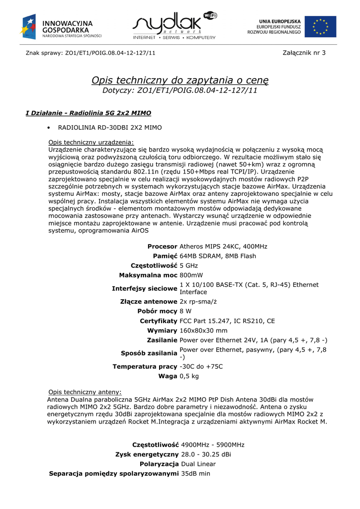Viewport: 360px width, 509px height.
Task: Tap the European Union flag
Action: pos(320,26)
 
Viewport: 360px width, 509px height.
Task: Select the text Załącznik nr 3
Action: pos(304,53)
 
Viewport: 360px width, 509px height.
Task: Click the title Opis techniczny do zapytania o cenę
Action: pos(180,80)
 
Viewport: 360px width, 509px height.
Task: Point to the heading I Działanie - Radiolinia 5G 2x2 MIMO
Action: pos(88,113)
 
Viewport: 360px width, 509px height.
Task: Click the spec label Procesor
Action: pos(162,247)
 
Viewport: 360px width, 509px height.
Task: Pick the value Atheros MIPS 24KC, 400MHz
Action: pos(223,247)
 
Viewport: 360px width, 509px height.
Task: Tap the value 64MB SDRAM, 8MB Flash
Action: pos(218,256)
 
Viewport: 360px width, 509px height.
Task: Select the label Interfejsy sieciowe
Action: pos(145,288)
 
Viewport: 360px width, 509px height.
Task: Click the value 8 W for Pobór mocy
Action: pos(185,311)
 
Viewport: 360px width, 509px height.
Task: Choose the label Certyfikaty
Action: pos(159,321)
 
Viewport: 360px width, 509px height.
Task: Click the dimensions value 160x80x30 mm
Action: pos(203,331)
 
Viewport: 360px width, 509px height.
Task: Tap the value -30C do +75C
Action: pos(201,367)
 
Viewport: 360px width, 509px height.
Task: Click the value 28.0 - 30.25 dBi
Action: pos(206,454)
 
